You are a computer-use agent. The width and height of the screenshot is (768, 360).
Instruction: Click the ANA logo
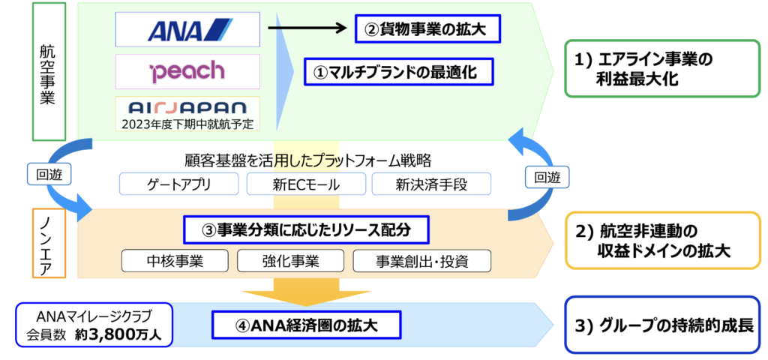(x=190, y=30)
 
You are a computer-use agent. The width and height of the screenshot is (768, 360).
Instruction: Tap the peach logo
(x=187, y=72)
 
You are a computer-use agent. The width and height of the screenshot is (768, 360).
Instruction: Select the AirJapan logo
(x=187, y=108)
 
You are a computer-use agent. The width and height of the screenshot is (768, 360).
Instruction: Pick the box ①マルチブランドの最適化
(x=398, y=72)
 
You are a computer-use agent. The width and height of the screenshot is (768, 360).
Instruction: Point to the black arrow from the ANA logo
(x=307, y=29)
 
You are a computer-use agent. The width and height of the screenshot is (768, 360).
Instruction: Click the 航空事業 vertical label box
(x=48, y=71)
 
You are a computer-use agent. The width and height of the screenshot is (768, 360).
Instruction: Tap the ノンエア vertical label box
(x=48, y=244)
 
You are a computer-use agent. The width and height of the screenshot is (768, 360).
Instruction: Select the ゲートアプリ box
(x=178, y=184)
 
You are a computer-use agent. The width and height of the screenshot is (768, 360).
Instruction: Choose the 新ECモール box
(x=307, y=184)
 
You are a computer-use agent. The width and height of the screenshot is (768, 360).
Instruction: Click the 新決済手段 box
(x=431, y=184)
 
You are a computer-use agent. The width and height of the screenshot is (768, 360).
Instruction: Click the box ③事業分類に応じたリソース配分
(x=306, y=229)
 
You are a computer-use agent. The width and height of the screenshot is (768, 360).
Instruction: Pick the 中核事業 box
(x=175, y=261)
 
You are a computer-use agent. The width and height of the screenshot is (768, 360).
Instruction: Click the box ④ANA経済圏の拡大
(x=307, y=325)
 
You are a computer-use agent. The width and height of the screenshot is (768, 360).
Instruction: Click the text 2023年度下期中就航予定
(x=187, y=124)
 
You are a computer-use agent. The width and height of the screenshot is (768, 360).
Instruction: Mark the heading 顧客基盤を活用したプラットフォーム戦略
(x=304, y=160)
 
